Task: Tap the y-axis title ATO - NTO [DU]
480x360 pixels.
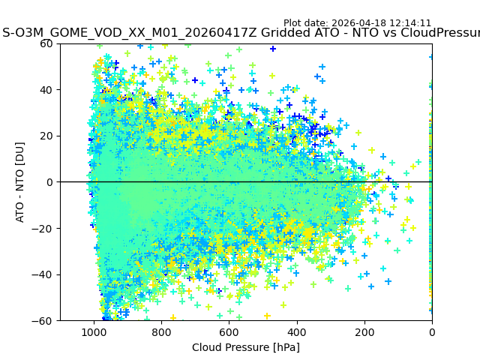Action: [21, 182]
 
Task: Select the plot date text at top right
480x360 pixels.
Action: [357, 23]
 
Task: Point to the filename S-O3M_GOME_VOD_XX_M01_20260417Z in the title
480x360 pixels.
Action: [130, 33]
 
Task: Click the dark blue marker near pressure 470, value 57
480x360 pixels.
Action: [273, 49]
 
